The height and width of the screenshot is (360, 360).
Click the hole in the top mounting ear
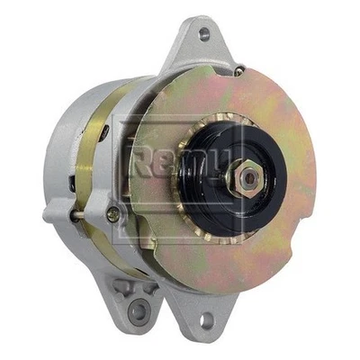(x=203, y=34)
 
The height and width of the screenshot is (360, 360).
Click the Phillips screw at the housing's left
(x=112, y=214)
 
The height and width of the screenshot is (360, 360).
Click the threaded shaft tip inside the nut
(x=247, y=177)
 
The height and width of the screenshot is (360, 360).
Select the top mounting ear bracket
(x=202, y=45)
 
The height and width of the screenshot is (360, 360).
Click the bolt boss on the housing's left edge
(x=54, y=214)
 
